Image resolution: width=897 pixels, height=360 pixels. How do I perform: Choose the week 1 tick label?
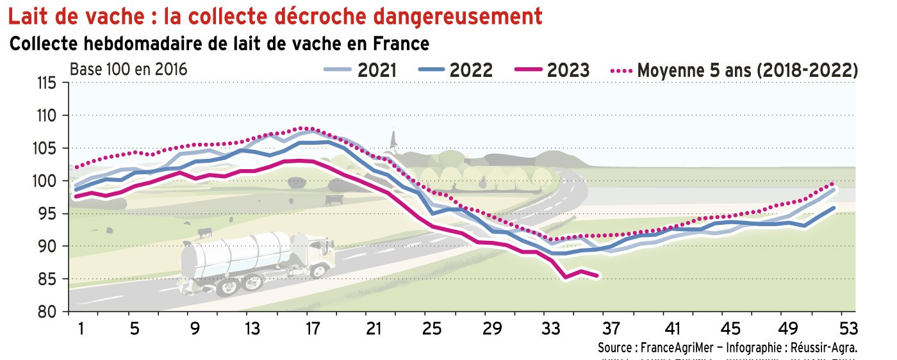pyautogui.click(x=81, y=329)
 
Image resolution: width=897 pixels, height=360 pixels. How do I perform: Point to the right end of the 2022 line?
pyautogui.click(x=834, y=208)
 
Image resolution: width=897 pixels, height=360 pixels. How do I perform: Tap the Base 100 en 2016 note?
pyautogui.click(x=128, y=69)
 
